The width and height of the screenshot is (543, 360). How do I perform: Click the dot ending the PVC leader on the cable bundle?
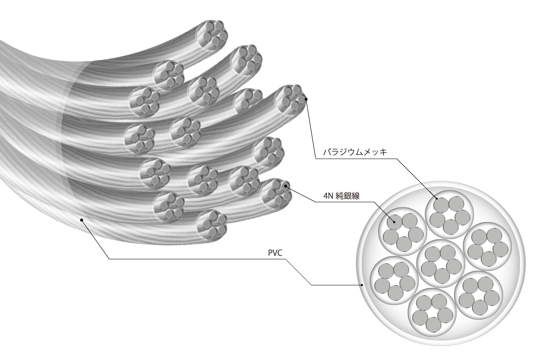(x=82, y=220)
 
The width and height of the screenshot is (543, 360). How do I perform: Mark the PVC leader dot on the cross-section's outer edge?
(x=362, y=285)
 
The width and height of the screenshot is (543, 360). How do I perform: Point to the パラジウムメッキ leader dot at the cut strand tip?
(x=306, y=99)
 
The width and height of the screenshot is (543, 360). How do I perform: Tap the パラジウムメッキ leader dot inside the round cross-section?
(x=437, y=198)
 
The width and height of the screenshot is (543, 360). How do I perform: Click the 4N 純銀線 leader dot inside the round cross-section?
(x=394, y=222)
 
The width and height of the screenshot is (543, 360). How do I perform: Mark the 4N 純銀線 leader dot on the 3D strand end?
(x=286, y=186)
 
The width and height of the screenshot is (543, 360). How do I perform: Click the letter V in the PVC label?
(x=275, y=253)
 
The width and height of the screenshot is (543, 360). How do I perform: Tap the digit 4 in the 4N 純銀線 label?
(x=326, y=196)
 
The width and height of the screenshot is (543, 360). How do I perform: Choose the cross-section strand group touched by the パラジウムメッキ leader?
(x=449, y=215)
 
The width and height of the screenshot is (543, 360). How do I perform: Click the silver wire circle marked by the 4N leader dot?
(x=394, y=222)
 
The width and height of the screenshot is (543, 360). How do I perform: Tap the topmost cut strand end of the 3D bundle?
(x=212, y=35)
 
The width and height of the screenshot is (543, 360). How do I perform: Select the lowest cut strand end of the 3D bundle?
(x=212, y=226)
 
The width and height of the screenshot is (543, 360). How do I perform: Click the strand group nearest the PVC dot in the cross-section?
(x=394, y=280)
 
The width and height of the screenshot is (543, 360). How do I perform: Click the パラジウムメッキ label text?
(x=355, y=152)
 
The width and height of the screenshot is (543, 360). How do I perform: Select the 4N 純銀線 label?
(x=342, y=196)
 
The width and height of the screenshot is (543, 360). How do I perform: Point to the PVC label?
(x=275, y=253)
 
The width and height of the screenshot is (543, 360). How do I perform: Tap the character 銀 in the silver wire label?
(x=347, y=196)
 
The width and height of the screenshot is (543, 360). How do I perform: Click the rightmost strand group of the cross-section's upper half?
(x=488, y=247)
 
